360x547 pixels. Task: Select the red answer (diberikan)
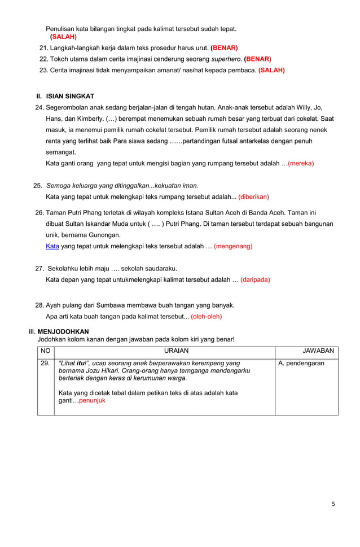[253, 197]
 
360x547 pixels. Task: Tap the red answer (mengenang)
[233, 246]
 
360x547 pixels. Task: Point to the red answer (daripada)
[255, 279]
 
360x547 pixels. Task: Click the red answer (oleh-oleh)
[206, 316]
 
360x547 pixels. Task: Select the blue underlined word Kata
[52, 246]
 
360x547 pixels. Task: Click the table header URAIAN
[164, 351]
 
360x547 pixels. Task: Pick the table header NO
[45, 351]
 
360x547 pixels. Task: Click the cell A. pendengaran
[301, 364]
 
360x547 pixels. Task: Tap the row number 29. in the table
[45, 364]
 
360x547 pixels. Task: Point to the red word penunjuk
[92, 401]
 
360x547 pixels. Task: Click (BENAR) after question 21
[224, 47]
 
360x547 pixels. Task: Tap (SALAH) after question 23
[271, 70]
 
